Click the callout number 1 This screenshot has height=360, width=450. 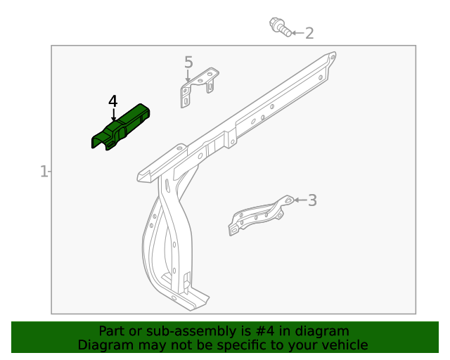pos(44,171)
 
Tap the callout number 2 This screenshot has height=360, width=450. pos(309,33)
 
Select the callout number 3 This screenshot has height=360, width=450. pos(312,200)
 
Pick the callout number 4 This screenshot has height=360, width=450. pos(113,101)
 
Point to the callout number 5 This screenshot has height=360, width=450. pos(188,63)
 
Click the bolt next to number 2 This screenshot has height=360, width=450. pos(281,27)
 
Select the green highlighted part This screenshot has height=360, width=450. pos(121,126)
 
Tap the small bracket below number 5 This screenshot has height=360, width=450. pos(199,86)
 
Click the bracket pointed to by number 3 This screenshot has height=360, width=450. pos(258,214)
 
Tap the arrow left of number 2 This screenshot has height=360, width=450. pos(296,33)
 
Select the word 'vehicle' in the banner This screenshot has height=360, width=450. pos(345,345)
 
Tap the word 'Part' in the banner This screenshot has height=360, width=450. pos(111,331)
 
